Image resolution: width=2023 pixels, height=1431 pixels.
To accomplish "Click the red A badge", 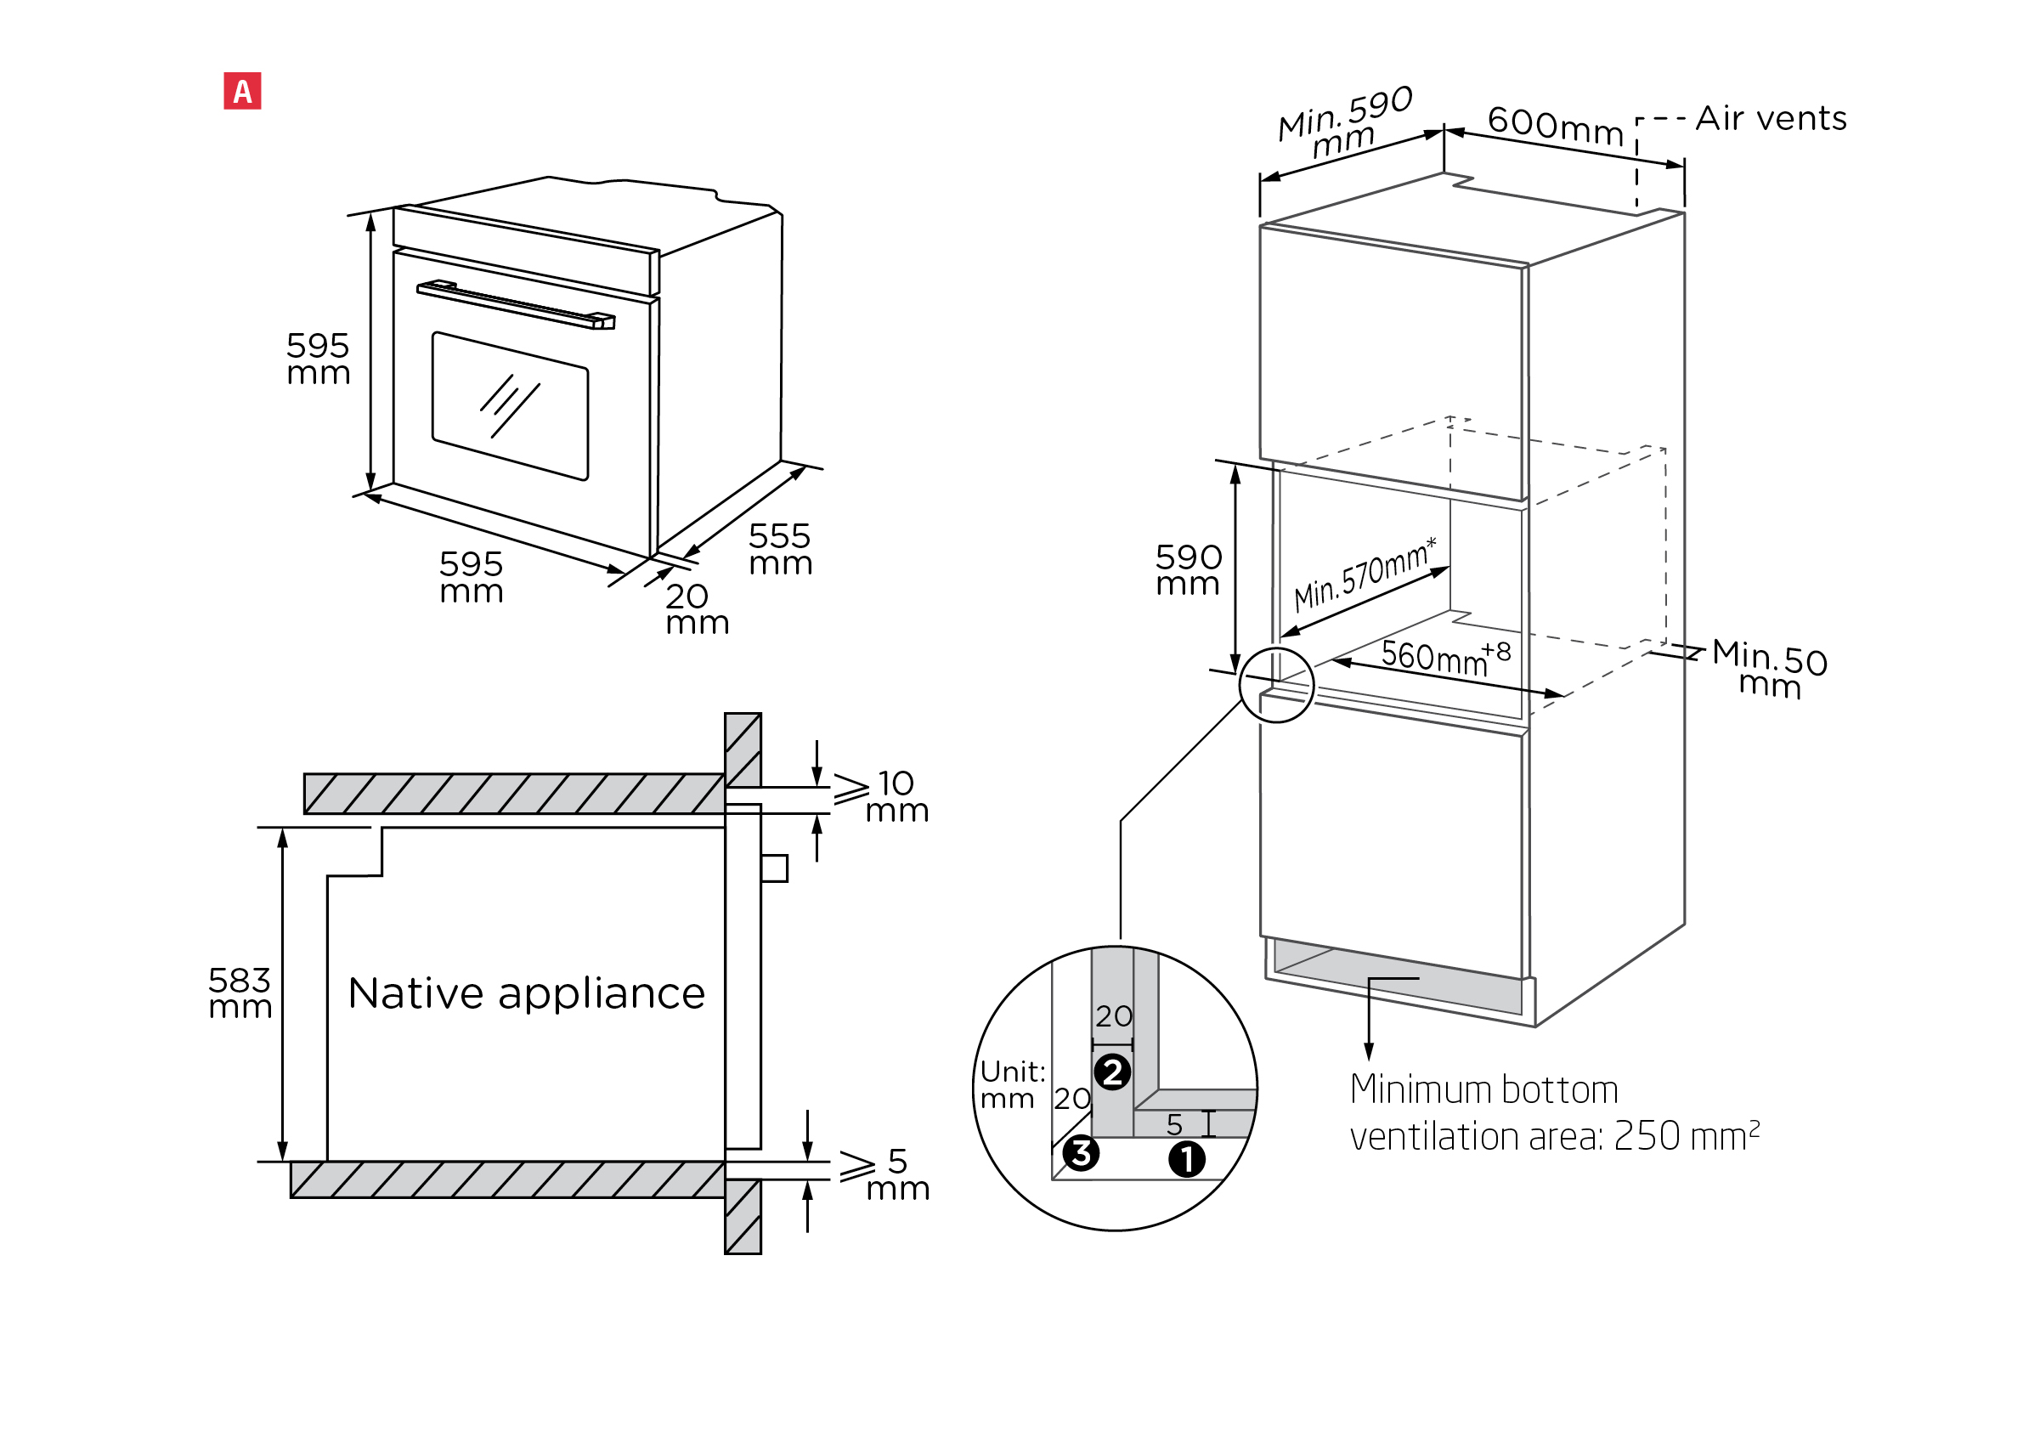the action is (242, 91).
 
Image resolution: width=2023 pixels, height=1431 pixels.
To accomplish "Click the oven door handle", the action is (516, 304).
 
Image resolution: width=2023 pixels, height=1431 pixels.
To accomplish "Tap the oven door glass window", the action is (510, 405).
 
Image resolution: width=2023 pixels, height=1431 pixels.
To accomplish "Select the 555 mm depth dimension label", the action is (780, 548).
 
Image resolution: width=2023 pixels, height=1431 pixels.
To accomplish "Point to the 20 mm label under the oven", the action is (697, 609).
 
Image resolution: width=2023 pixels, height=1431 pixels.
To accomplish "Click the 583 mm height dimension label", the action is (240, 993).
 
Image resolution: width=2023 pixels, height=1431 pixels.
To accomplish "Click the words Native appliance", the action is (526, 993).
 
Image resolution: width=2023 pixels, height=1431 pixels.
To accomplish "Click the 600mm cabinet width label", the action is (1555, 125).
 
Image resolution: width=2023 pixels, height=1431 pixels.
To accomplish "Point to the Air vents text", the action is (1771, 118).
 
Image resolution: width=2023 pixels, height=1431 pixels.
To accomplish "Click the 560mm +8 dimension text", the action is (1446, 657).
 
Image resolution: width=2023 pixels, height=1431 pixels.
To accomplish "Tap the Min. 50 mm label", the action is (1770, 669).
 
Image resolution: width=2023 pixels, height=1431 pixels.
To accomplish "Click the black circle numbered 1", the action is (1186, 1159).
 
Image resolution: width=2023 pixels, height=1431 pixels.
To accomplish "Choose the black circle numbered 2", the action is (1112, 1072).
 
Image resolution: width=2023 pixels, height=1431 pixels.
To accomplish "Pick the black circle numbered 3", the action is (1080, 1152).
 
